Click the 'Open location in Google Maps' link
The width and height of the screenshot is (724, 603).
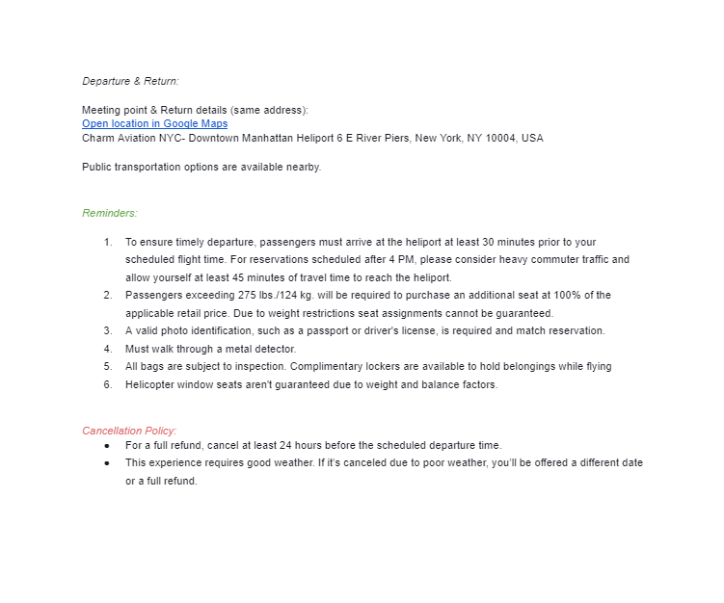(154, 124)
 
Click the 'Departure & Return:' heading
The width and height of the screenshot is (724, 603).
(130, 81)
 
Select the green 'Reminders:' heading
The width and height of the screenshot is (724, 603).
(109, 213)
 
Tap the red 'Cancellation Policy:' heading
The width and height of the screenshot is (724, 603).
(129, 431)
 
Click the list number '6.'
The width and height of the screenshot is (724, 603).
(108, 384)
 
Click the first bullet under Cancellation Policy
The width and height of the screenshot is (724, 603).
(106, 445)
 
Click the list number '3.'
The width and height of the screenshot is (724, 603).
(108, 330)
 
